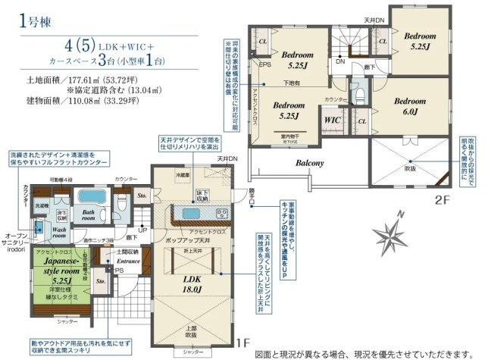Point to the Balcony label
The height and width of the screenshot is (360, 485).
point(309,163)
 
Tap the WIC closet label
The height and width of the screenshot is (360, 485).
point(331,119)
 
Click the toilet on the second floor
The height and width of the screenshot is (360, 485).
point(359,95)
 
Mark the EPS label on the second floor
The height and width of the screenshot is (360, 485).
point(265,64)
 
